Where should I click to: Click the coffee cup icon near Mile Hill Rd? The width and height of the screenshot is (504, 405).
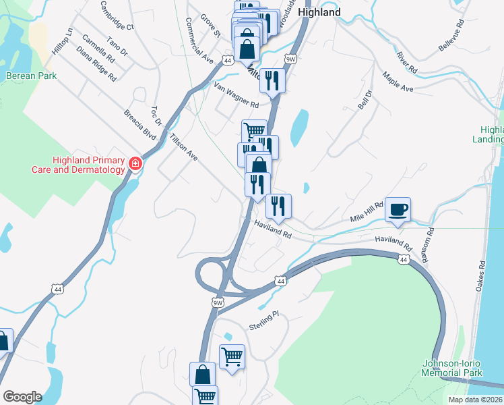pos(398,209)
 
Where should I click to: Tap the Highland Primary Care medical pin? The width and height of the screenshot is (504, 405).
pos(135,164)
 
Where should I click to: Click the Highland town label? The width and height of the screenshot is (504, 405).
pos(319,12)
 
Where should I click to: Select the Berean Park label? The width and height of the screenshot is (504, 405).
pos(31,76)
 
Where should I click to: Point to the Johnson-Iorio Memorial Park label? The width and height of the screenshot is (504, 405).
pos(452,367)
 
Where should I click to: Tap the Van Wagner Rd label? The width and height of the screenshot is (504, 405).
pos(237,96)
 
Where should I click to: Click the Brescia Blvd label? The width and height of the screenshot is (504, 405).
pos(140,126)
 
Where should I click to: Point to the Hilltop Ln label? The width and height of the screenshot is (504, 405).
pos(61,42)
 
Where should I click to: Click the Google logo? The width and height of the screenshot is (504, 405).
pos(22,397)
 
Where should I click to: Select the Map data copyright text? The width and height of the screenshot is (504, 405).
pos(476,400)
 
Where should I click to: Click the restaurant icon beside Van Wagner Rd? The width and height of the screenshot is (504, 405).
pos(273,81)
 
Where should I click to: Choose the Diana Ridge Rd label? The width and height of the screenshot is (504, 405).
pos(96,64)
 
